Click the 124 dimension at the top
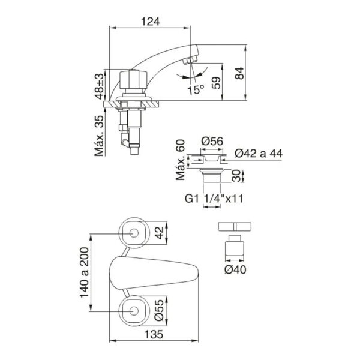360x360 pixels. [x=150, y=22]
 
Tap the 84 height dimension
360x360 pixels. [x=239, y=73]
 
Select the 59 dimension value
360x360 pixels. [x=216, y=83]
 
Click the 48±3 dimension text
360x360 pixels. [x=100, y=86]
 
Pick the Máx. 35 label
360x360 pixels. [x=99, y=136]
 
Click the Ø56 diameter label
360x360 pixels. [x=212, y=141]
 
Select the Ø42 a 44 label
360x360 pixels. [x=259, y=154]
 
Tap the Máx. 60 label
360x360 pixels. [x=181, y=160]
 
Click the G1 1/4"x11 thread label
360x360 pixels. [x=214, y=199]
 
